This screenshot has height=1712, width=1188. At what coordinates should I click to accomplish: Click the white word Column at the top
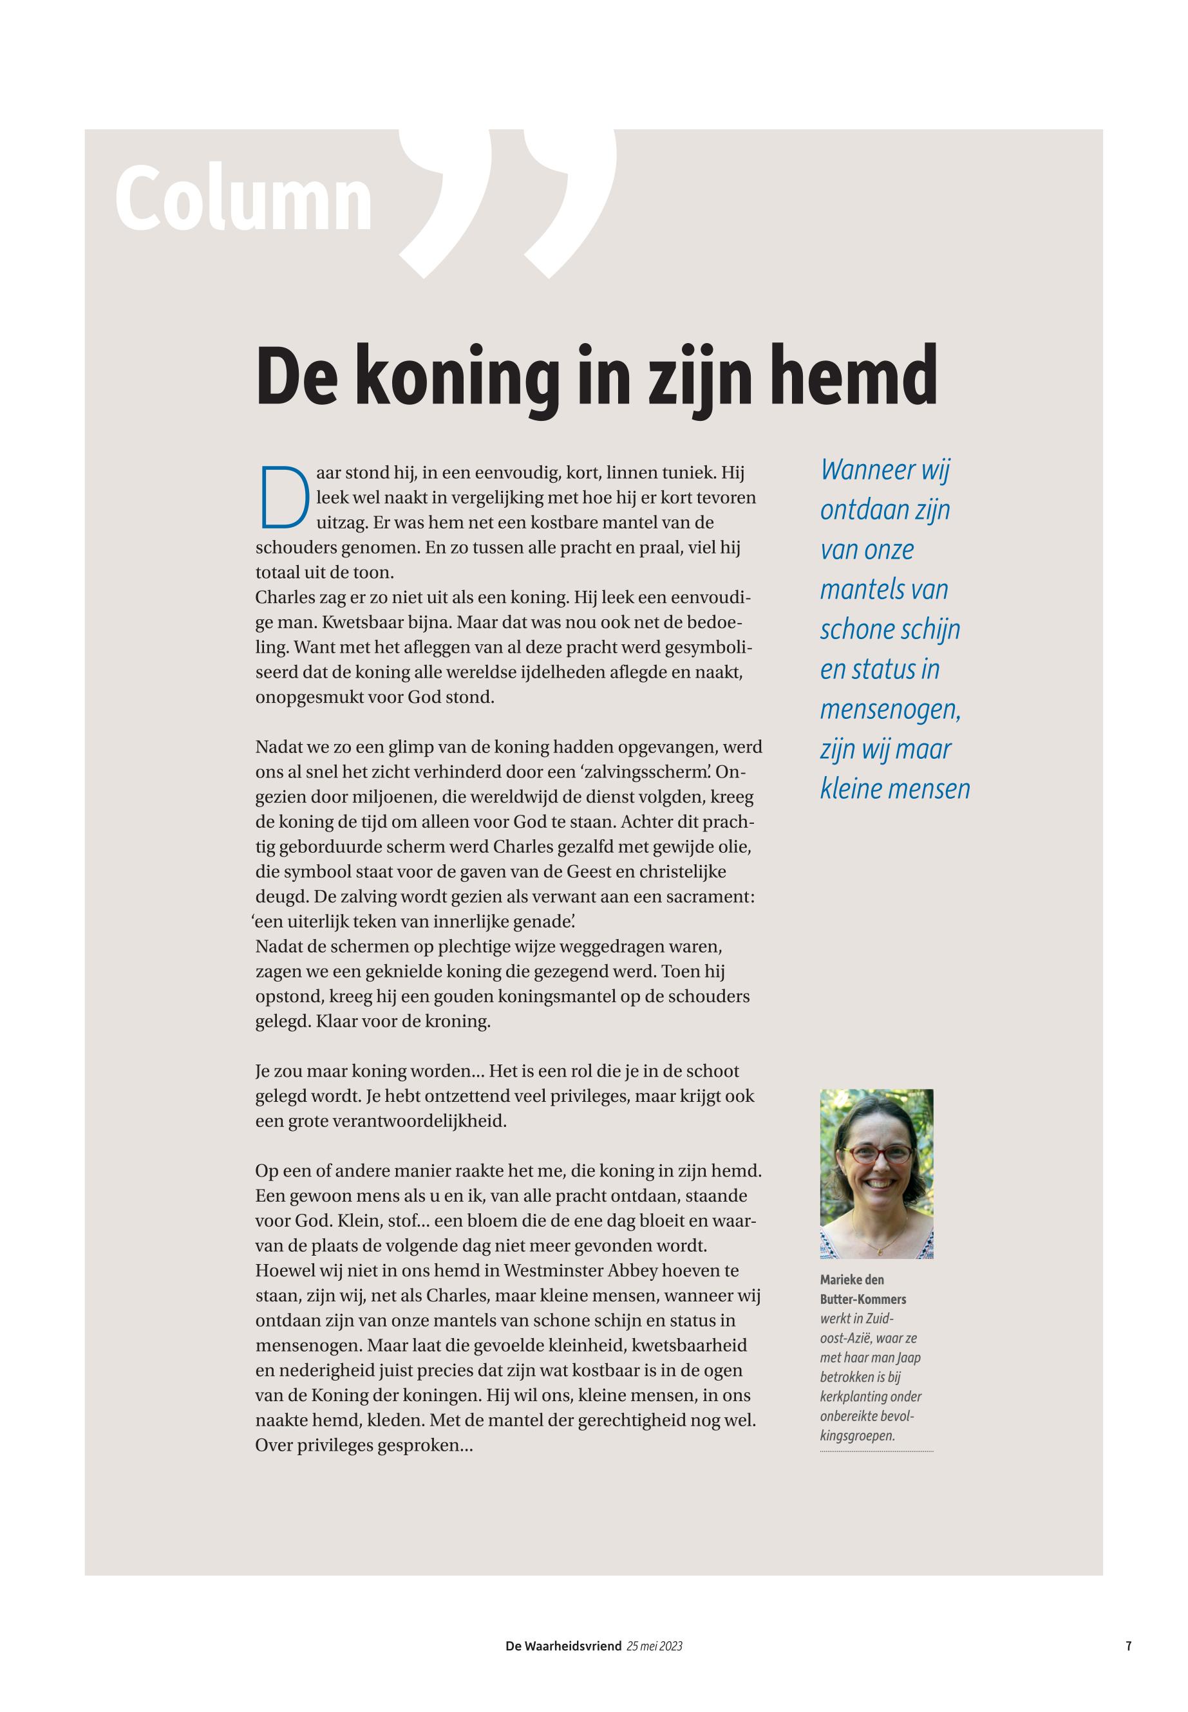coord(243,200)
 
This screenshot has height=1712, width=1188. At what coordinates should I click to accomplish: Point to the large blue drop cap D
coord(283,495)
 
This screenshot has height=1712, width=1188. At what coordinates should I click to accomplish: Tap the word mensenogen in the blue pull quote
coord(889,709)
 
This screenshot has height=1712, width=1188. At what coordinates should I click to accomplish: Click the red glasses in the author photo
coord(882,1155)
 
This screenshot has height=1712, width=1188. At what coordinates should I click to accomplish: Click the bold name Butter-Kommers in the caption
coord(863,1299)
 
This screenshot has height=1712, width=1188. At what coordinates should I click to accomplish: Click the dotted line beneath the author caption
coord(876,1451)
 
